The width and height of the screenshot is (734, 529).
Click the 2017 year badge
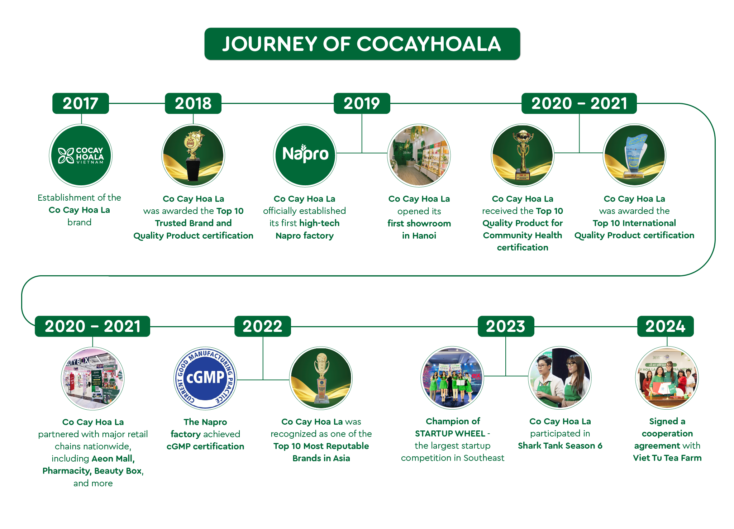[81, 104]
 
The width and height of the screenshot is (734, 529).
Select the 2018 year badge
[193, 104]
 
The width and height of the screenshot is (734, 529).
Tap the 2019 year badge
[362, 104]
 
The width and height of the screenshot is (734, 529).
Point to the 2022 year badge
[263, 327]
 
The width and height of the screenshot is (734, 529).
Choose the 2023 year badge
[506, 327]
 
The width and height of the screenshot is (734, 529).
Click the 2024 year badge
[666, 327]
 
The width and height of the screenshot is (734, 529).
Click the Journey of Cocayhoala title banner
[362, 44]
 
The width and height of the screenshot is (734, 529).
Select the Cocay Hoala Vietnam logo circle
[81, 156]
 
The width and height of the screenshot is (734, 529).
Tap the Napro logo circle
[305, 156]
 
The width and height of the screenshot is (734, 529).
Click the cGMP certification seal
[205, 378]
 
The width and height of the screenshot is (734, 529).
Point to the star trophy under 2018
[193, 156]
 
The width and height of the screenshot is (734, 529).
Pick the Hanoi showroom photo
[419, 156]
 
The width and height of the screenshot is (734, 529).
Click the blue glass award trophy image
[634, 156]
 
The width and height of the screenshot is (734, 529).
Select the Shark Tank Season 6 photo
[560, 378]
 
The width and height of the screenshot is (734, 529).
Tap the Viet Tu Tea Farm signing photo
[667, 378]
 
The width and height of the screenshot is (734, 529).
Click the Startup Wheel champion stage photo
[452, 378]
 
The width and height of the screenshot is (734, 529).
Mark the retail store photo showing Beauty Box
[93, 378]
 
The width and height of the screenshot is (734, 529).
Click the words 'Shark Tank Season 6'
[560, 446]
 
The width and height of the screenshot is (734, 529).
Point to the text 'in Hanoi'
[419, 235]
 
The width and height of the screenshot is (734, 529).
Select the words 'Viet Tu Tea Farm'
[667, 458]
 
